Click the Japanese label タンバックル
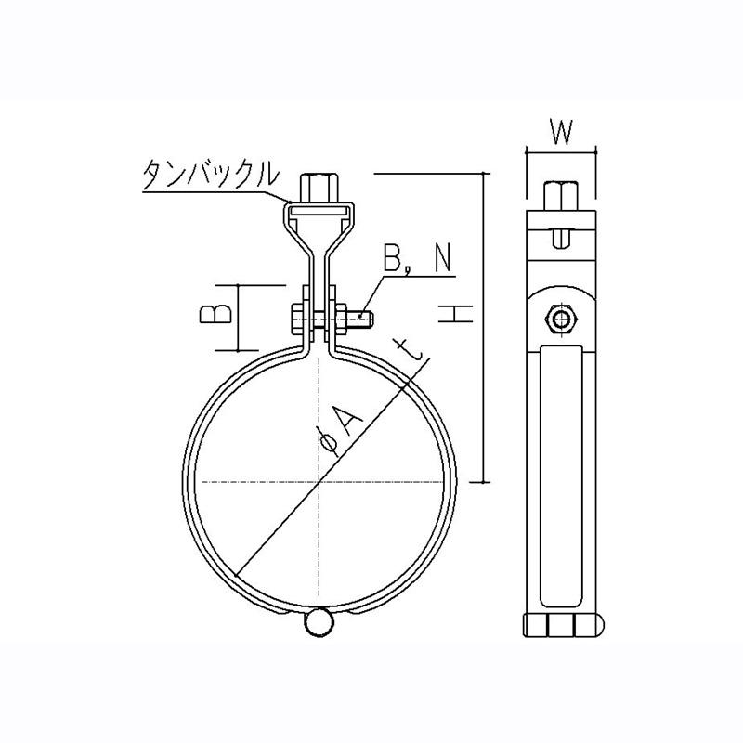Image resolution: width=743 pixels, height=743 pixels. click(210, 174)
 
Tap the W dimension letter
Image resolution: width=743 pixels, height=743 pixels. click(562, 132)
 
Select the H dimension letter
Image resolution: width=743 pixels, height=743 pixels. click(455, 314)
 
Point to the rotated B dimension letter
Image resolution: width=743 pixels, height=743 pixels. click(215, 314)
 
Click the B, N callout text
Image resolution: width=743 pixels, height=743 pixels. click(417, 258)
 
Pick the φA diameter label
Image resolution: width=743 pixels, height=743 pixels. click(341, 428)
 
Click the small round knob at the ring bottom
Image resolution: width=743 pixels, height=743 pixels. click(319, 622)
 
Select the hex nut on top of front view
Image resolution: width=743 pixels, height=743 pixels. click(319, 188)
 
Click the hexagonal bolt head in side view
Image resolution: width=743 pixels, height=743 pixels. click(562, 319)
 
